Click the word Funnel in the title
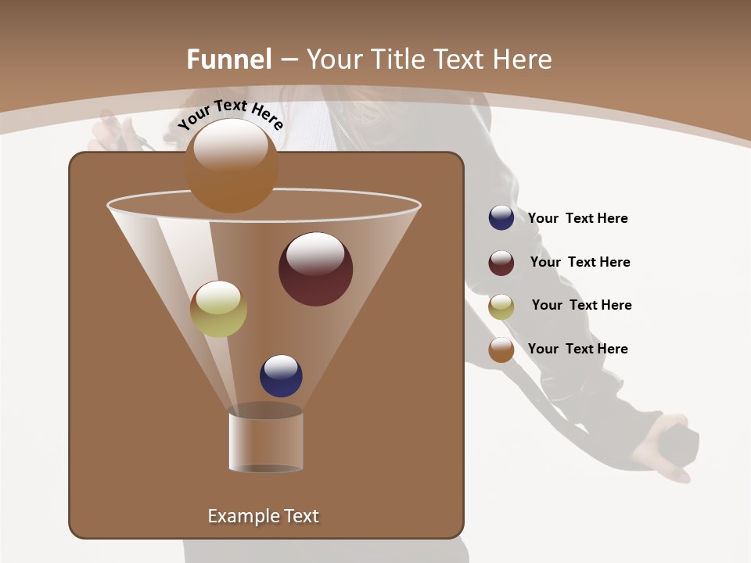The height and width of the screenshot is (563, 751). pos(228,59)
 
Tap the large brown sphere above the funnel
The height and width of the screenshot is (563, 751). pos(232,166)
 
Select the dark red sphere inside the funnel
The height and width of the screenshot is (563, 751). pos(315,269)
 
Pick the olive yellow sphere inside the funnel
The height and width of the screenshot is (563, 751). pos(218,309)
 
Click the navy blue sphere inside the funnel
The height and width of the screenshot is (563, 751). pos(281,376)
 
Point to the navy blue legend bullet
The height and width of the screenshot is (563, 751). pos(501,218)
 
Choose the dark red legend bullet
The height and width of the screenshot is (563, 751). pos(501,263)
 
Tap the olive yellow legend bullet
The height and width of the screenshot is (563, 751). pos(501,307)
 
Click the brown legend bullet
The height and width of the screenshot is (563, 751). pos(501,350)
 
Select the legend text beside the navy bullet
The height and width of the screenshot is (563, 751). pos(577,219)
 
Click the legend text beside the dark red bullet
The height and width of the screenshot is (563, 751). pos(580,263)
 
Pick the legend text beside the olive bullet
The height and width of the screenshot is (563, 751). pos(581,306)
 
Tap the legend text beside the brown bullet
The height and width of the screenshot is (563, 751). pos(577,349)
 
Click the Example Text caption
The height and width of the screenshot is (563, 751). pos(263,516)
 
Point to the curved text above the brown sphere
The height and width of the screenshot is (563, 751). pos(230,113)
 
